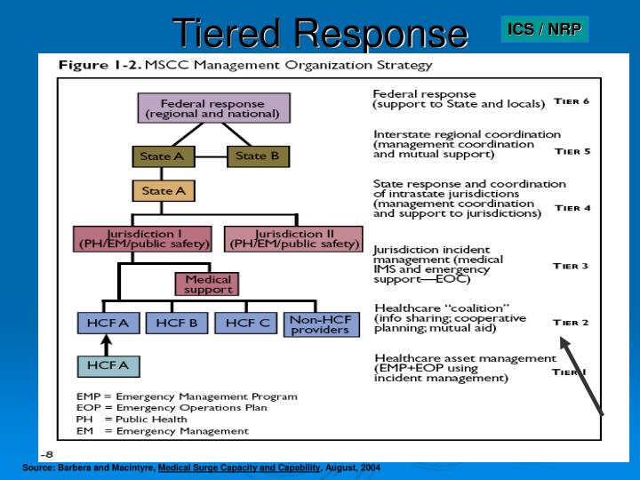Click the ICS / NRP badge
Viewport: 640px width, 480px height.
544,29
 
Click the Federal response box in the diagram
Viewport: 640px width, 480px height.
214,108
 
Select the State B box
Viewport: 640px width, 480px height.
258,156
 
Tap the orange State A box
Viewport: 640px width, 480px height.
163,191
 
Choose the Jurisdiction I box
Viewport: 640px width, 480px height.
141,238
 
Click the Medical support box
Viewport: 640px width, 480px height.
209,284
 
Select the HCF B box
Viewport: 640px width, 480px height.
176,324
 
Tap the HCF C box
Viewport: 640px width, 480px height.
247,324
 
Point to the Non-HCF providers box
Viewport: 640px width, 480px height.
321,324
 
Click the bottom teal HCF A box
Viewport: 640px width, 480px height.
108,365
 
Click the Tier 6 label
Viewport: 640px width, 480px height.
572,101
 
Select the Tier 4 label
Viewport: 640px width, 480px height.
572,208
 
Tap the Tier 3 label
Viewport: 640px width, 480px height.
571,266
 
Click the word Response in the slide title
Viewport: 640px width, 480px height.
381,33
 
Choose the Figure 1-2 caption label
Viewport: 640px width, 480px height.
97,66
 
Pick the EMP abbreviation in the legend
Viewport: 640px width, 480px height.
88,396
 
